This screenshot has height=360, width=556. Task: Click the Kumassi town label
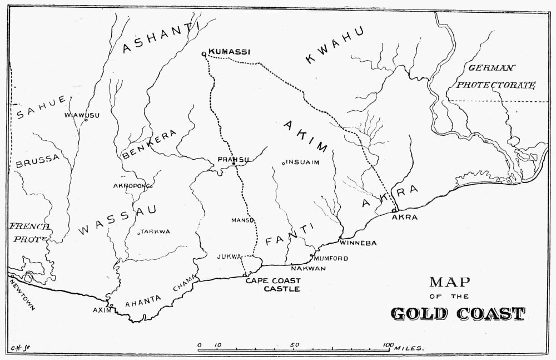pos(230,52)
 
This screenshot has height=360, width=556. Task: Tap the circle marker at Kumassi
pos(204,54)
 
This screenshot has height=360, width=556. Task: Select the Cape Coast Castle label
pos(273,284)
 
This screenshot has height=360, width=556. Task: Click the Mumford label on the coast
pos(331,259)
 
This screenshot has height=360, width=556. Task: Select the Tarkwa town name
pos(155,231)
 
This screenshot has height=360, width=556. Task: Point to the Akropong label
pos(131,185)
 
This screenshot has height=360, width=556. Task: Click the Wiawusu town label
pos(82,115)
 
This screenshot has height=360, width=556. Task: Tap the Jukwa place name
pos(230,257)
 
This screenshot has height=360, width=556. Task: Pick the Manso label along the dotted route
pos(242,220)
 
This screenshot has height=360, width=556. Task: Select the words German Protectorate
pos(494,77)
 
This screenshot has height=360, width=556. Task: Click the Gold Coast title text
pos(458,313)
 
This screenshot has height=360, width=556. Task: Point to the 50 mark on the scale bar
pos(295,345)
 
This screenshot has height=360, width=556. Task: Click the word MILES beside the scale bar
pos(409,348)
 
